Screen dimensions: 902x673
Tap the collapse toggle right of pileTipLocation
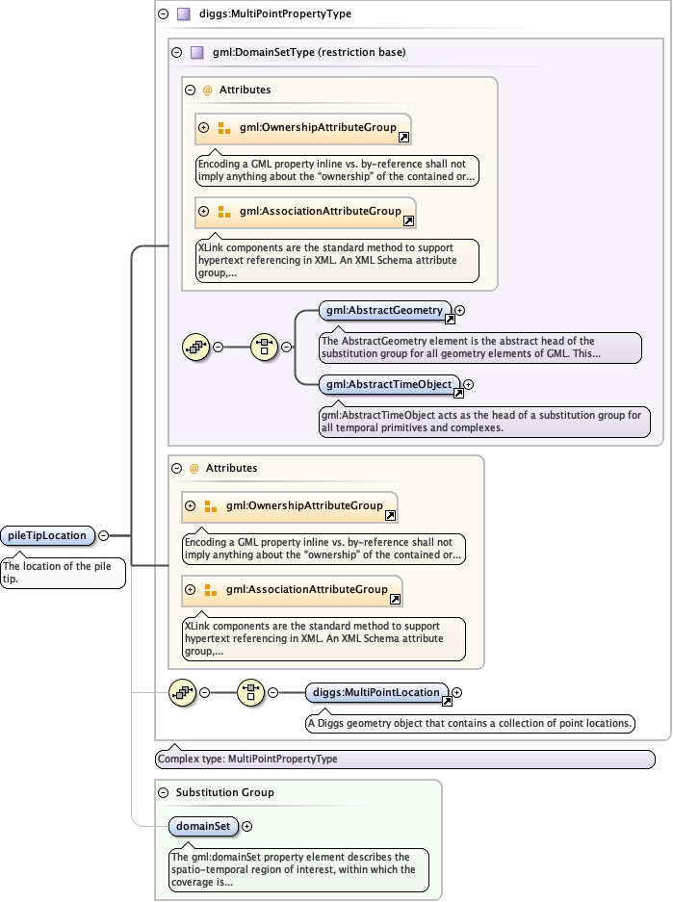tap(103, 535)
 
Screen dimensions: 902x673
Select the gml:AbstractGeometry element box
tap(384, 311)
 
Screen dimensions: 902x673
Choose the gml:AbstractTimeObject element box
tap(388, 384)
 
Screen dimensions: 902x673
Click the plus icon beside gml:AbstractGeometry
tap(459, 311)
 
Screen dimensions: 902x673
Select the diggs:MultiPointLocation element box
tap(376, 692)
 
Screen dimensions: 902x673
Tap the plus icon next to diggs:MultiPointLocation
tap(457, 692)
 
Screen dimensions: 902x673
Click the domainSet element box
tap(203, 825)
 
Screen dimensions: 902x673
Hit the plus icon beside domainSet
tap(247, 825)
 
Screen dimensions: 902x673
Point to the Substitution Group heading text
tap(224, 792)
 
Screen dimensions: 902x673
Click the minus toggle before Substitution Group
tap(162, 792)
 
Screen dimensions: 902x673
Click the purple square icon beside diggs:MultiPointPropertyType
tap(183, 14)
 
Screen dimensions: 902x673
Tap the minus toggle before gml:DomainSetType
tap(175, 53)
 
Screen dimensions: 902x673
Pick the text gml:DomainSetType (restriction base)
tap(308, 53)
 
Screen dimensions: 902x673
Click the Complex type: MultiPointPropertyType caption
tap(247, 759)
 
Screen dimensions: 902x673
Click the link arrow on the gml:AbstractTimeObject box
tap(458, 392)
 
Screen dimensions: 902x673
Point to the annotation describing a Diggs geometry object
tap(470, 723)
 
